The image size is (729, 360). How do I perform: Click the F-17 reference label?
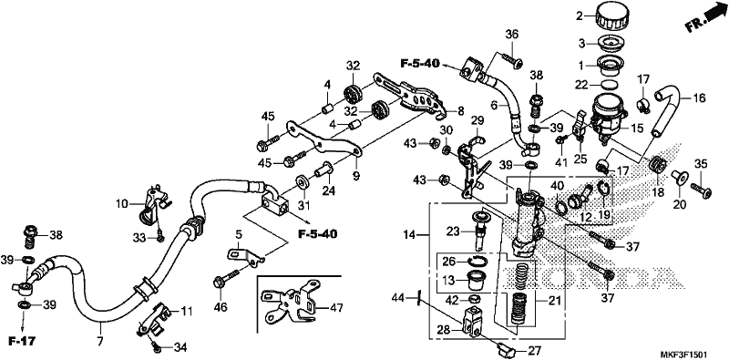pyautogui.click(x=22, y=342)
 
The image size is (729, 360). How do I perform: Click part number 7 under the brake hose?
pyautogui.click(x=99, y=343)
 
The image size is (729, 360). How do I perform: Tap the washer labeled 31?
pyautogui.click(x=302, y=181)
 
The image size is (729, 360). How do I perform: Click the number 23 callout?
pyautogui.click(x=453, y=231)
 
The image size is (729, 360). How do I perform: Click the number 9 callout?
pyautogui.click(x=355, y=176)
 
